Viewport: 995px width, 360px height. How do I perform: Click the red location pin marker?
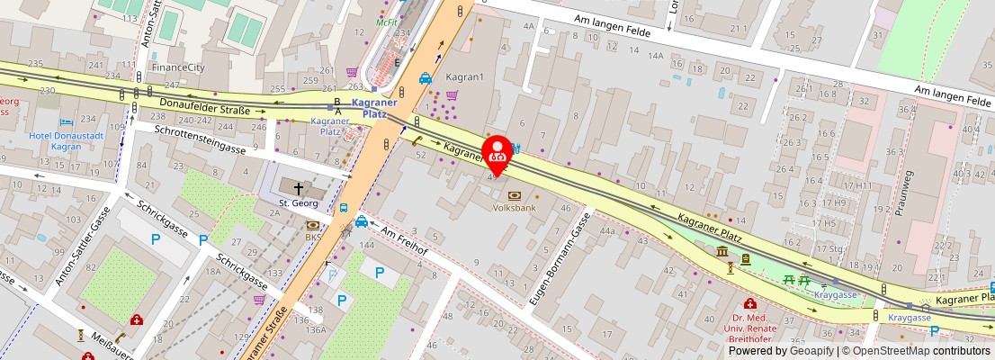pos(497,154)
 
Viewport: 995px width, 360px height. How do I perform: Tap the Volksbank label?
pos(515,208)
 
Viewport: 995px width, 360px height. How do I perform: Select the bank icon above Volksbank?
pos(515,195)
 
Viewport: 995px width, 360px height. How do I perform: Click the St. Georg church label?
pos(298,202)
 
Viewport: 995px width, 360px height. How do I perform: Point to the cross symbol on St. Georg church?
pos(299,188)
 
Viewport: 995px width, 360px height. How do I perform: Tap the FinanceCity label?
pos(177,67)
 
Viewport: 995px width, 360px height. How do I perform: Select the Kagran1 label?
pos(465,77)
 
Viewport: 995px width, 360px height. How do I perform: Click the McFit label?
pos(387,22)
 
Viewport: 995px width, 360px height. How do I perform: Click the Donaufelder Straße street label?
pos(204,108)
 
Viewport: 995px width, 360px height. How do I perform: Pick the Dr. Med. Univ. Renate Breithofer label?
pos(750,328)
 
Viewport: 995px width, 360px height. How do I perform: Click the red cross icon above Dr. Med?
pos(749,304)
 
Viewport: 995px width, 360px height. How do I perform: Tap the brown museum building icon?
pos(722,251)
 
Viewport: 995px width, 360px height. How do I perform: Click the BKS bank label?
pos(312,238)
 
